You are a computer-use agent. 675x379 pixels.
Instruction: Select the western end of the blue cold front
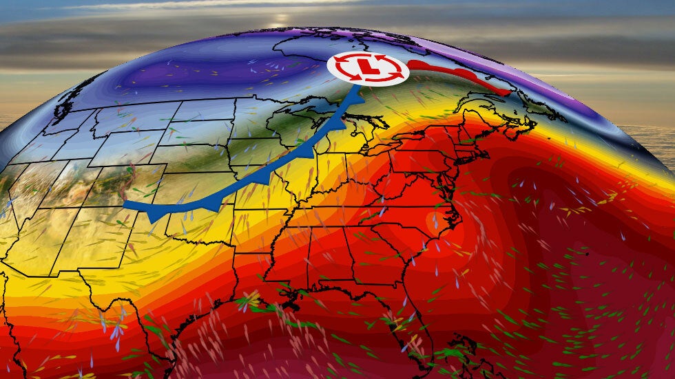point(125,204)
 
